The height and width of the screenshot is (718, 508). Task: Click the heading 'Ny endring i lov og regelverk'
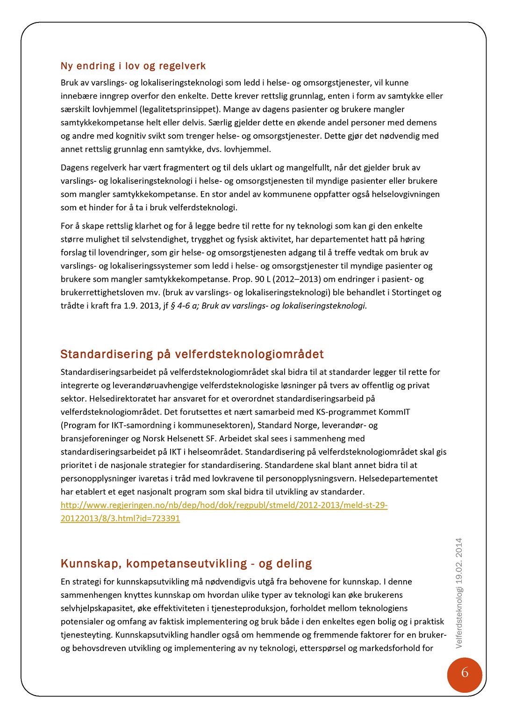point(133,66)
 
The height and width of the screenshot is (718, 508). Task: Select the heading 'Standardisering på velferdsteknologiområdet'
point(192,354)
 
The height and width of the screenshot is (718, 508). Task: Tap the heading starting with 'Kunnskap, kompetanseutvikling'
point(186,563)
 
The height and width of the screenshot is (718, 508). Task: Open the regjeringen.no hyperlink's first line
point(224,505)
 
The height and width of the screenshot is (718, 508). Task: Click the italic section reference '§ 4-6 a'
point(184,306)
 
